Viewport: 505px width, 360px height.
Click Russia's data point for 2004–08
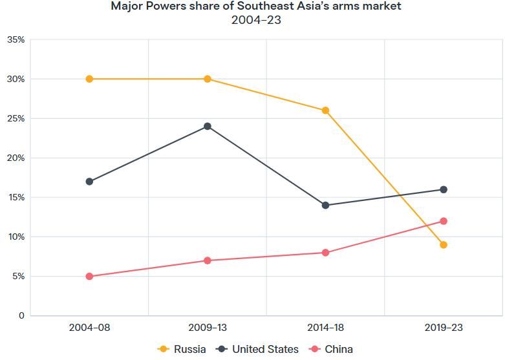tap(89, 79)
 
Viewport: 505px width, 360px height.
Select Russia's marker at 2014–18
tap(325, 111)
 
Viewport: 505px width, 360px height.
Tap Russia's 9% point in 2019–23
tap(444, 245)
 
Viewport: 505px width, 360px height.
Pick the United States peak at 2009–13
tap(208, 126)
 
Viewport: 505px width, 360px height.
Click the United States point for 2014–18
tap(325, 206)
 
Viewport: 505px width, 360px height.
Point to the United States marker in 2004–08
tap(89, 182)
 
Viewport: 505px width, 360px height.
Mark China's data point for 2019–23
tap(444, 221)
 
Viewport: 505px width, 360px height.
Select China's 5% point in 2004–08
tap(89, 277)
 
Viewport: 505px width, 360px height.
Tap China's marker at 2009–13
tap(208, 260)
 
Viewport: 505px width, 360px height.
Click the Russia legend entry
tap(182, 349)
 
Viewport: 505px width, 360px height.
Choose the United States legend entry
tap(258, 349)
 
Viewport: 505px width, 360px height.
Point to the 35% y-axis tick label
tap(16, 40)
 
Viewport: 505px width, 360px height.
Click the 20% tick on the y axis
tap(16, 158)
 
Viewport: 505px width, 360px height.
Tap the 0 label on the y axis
tap(21, 316)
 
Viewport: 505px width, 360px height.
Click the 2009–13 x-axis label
tap(208, 328)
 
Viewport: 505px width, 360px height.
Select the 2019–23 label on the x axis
tap(444, 328)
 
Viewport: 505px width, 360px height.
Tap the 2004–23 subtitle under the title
tap(256, 20)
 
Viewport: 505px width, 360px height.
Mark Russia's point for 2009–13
tap(208, 79)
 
